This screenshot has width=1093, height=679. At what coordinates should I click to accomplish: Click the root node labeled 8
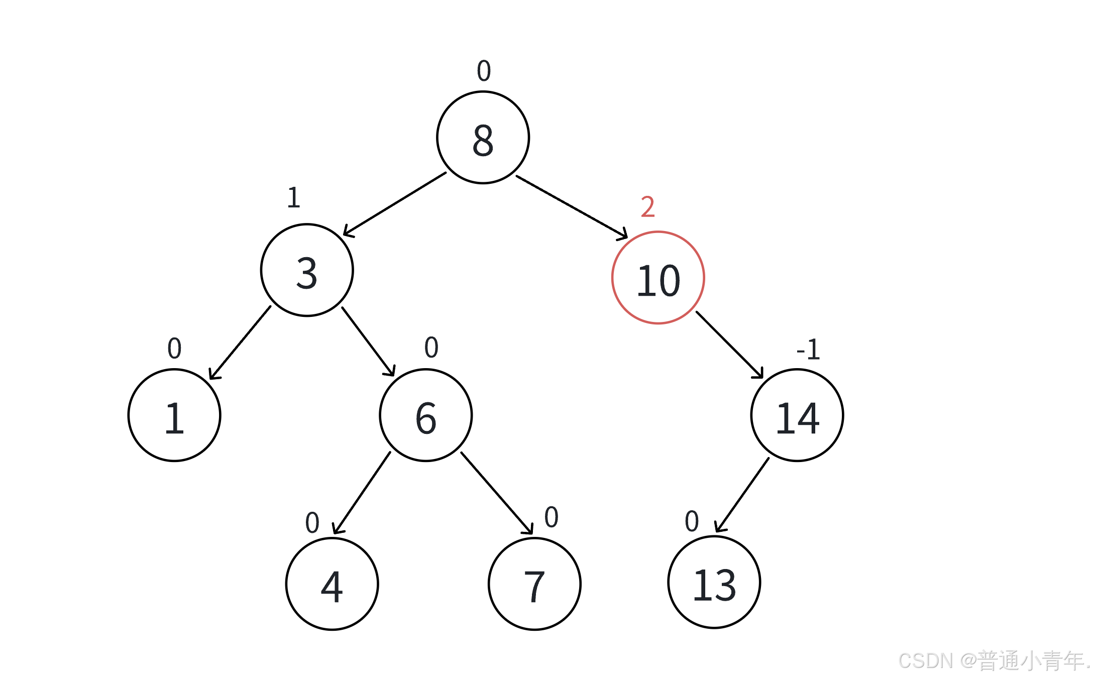tap(483, 137)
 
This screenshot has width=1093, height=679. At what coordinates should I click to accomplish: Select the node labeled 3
tap(307, 270)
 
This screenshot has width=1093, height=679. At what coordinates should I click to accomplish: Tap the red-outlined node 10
tap(658, 278)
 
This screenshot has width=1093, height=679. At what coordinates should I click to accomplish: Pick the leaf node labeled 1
tap(174, 415)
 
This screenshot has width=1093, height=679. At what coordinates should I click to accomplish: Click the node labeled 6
tap(426, 415)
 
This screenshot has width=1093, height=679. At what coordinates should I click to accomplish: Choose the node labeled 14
tap(797, 415)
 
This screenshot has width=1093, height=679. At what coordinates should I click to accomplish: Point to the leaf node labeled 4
tap(332, 584)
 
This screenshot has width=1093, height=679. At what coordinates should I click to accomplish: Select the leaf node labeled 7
tap(534, 584)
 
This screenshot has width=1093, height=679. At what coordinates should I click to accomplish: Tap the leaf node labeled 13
tap(714, 582)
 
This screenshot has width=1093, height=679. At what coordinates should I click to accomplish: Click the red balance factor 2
tap(648, 206)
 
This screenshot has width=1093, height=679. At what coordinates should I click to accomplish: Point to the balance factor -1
tap(808, 350)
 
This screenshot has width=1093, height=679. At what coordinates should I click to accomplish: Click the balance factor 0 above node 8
tap(484, 70)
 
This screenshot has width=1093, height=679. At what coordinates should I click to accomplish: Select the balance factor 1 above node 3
tap(294, 197)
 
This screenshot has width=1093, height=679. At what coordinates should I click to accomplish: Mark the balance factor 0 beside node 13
tap(692, 521)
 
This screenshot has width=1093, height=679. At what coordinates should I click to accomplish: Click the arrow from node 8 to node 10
tap(572, 207)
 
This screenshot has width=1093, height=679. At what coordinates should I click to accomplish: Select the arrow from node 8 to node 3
tap(394, 204)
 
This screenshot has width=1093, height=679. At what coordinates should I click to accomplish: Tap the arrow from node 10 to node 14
tap(729, 345)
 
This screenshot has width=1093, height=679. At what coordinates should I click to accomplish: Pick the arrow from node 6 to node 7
tap(497, 493)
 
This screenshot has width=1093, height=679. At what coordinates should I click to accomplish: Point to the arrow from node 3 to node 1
tap(240, 343)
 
